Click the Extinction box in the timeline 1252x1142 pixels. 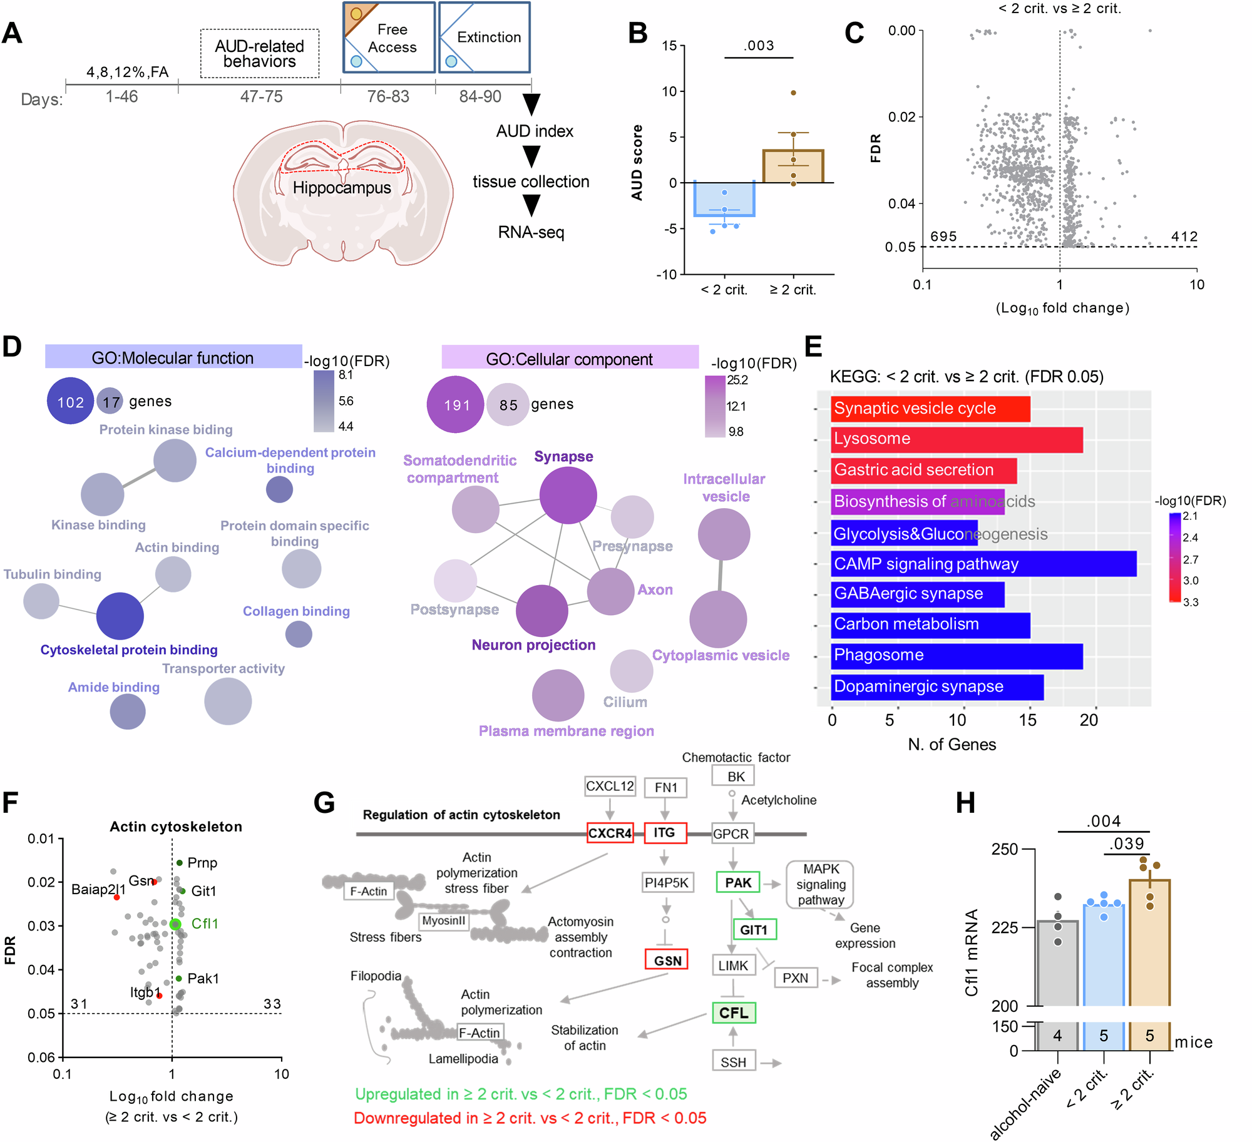click(485, 38)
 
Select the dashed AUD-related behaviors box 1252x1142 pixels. click(259, 54)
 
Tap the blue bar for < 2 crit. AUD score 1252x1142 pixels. click(724, 199)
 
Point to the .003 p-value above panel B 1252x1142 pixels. click(759, 46)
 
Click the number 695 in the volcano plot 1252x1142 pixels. click(943, 237)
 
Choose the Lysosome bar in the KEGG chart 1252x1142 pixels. click(956, 439)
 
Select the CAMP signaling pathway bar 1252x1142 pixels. click(983, 564)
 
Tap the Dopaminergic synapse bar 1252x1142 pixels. click(936, 686)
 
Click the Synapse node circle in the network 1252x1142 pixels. click(568, 495)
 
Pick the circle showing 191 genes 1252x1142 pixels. click(456, 404)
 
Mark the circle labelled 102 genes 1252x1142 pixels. click(70, 401)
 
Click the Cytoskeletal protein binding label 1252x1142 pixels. click(129, 650)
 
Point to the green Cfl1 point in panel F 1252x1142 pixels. click(175, 924)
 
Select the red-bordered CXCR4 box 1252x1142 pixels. click(610, 833)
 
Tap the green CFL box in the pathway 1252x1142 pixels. click(733, 1012)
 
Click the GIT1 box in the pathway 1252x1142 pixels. click(754, 929)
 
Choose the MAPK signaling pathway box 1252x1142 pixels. click(820, 884)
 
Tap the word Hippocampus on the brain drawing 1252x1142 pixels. click(341, 188)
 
